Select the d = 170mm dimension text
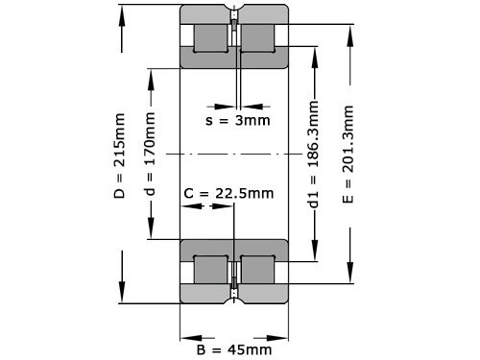(150, 153)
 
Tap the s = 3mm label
(238, 120)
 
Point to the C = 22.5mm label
(228, 193)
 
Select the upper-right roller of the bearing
(258, 38)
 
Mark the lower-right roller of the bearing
(258, 270)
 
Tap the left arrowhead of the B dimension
(184, 336)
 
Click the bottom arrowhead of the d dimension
(150, 233)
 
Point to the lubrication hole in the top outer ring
(234, 19)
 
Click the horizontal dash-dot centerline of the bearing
(235, 154)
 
